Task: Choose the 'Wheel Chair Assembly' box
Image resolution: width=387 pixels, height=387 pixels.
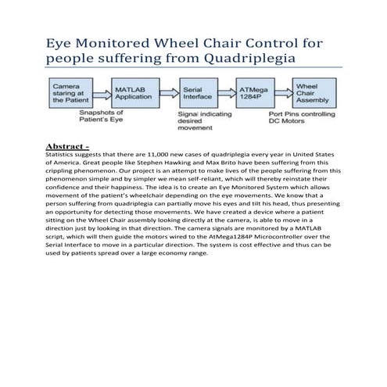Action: (x=314, y=93)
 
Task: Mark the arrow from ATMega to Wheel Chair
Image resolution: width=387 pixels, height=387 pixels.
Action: (x=282, y=93)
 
